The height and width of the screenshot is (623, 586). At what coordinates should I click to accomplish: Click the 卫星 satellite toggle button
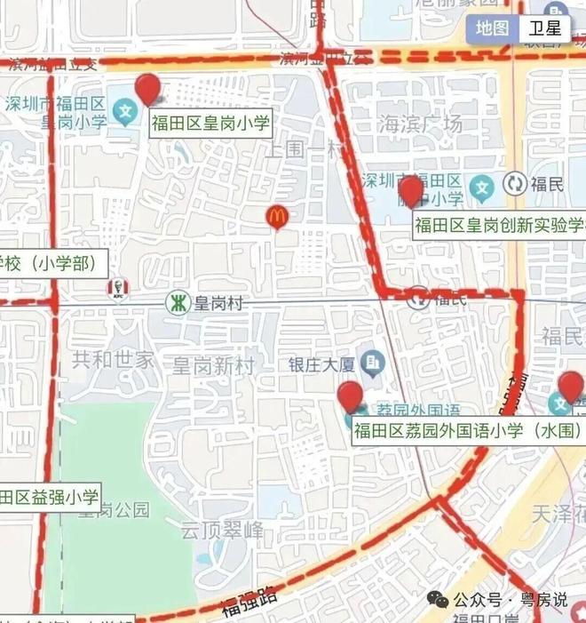[545, 28]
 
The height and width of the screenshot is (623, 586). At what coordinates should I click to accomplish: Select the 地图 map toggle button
[492, 28]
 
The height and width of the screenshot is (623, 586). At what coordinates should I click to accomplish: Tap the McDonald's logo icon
[278, 215]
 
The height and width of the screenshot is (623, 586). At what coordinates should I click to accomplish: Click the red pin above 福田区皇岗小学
[147, 89]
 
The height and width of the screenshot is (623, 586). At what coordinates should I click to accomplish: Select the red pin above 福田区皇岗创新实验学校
[410, 193]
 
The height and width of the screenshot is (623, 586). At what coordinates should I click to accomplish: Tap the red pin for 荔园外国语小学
[352, 396]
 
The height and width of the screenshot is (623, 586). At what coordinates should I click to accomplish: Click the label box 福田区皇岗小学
[209, 123]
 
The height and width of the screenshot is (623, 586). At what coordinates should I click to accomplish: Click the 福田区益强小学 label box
[50, 496]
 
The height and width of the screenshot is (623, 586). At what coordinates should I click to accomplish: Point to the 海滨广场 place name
[420, 124]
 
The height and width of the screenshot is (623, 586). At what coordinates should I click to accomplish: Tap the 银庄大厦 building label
[321, 363]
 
